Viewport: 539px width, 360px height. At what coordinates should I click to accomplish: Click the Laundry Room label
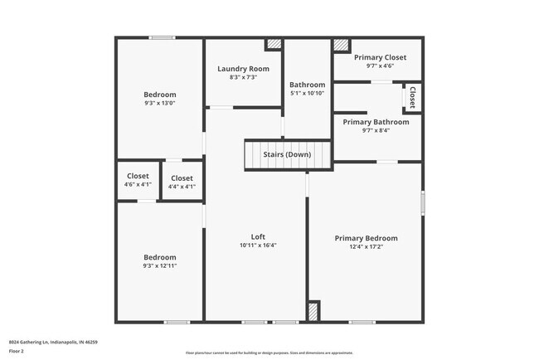(x=243, y=68)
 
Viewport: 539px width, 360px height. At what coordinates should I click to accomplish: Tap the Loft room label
(x=258, y=236)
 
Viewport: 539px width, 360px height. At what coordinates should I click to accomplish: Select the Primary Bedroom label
(x=366, y=238)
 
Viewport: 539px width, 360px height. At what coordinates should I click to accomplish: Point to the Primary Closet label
(x=380, y=57)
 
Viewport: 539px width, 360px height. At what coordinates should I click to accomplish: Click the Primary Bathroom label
(x=376, y=122)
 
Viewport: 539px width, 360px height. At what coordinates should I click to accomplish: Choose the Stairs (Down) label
(x=287, y=155)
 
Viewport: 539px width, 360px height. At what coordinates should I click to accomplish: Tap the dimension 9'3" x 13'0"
(x=159, y=103)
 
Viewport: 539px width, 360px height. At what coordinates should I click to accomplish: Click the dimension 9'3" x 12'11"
(x=159, y=265)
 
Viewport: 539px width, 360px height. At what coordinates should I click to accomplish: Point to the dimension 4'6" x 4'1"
(x=138, y=185)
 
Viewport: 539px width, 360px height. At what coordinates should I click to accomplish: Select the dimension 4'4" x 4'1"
(x=182, y=187)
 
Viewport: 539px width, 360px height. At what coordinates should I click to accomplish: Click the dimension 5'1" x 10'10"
(x=307, y=93)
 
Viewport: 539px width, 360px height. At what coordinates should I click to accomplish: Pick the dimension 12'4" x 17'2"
(x=366, y=246)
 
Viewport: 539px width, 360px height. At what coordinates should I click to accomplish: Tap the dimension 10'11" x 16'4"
(x=258, y=245)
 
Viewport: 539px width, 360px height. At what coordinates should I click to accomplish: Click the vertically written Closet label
(x=412, y=98)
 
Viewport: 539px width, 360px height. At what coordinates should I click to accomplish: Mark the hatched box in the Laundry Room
(x=274, y=46)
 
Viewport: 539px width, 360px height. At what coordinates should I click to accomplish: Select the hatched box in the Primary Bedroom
(x=313, y=311)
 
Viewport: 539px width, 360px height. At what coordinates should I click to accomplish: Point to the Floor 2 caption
(x=17, y=351)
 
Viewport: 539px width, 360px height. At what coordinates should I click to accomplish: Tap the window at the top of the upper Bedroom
(x=162, y=37)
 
